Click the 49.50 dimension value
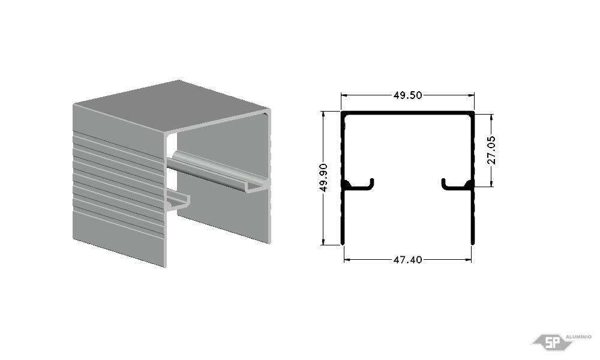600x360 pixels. [407, 95]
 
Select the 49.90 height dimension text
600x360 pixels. [323, 178]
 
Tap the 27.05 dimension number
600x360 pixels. [491, 150]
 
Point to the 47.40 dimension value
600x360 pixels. [407, 260]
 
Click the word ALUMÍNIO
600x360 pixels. [578, 337]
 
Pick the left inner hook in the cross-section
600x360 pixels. [358, 184]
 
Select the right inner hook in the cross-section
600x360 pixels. [457, 184]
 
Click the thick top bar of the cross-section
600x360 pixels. [407, 113]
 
